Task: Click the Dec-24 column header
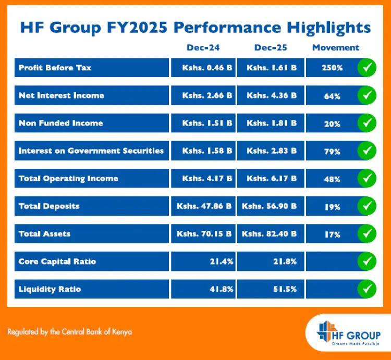[x=203, y=47]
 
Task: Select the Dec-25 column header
[x=271, y=47]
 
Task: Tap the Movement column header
[x=336, y=47]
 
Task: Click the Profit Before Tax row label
[x=55, y=68]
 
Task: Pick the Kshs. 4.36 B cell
[x=271, y=95]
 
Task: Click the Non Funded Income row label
[x=60, y=123]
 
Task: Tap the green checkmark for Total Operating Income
[x=367, y=178]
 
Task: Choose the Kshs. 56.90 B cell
[x=271, y=206]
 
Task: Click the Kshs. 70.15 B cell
[x=204, y=233]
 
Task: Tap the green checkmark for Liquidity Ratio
[x=367, y=288]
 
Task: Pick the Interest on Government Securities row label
[x=91, y=151]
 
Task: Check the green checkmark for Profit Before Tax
[x=367, y=67]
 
